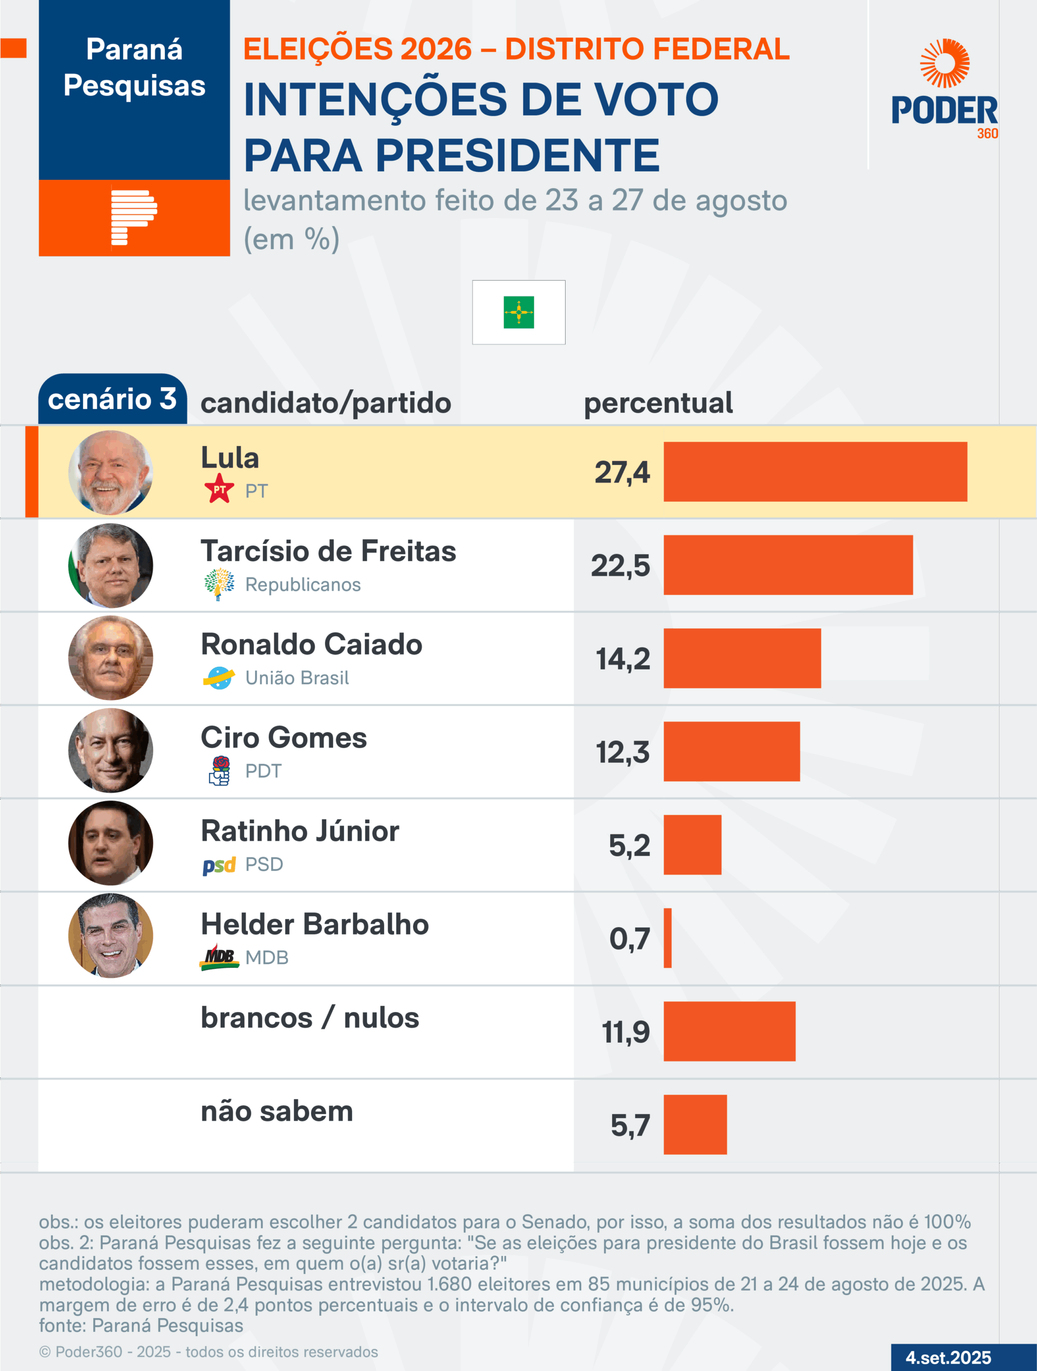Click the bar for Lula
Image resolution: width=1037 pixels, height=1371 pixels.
815,472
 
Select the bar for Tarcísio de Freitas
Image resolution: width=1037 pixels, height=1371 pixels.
788,564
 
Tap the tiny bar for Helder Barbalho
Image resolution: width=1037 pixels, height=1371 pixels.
667,938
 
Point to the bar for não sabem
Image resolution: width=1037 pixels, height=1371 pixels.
695,1124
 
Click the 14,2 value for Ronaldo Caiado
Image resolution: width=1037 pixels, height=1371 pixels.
623,658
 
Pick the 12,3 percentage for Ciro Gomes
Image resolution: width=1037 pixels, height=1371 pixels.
623,752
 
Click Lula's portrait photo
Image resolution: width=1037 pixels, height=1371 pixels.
110,472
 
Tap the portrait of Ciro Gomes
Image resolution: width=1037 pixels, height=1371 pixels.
110,751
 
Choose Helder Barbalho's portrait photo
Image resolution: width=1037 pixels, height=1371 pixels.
110,936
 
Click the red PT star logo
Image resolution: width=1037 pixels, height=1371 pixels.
219,489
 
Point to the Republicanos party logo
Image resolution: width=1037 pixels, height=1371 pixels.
219,584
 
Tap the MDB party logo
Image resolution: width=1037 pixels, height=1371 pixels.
219,957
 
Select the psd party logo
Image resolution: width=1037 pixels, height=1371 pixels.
219,864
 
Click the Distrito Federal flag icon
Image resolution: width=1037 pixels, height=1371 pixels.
519,312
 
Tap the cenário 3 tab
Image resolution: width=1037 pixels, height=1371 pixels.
112,399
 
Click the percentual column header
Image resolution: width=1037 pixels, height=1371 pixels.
658,403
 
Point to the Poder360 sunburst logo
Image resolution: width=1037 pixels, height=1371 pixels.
945,63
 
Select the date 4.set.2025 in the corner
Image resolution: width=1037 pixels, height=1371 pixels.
949,1358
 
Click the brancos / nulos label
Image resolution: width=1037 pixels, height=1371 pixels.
310,1018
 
